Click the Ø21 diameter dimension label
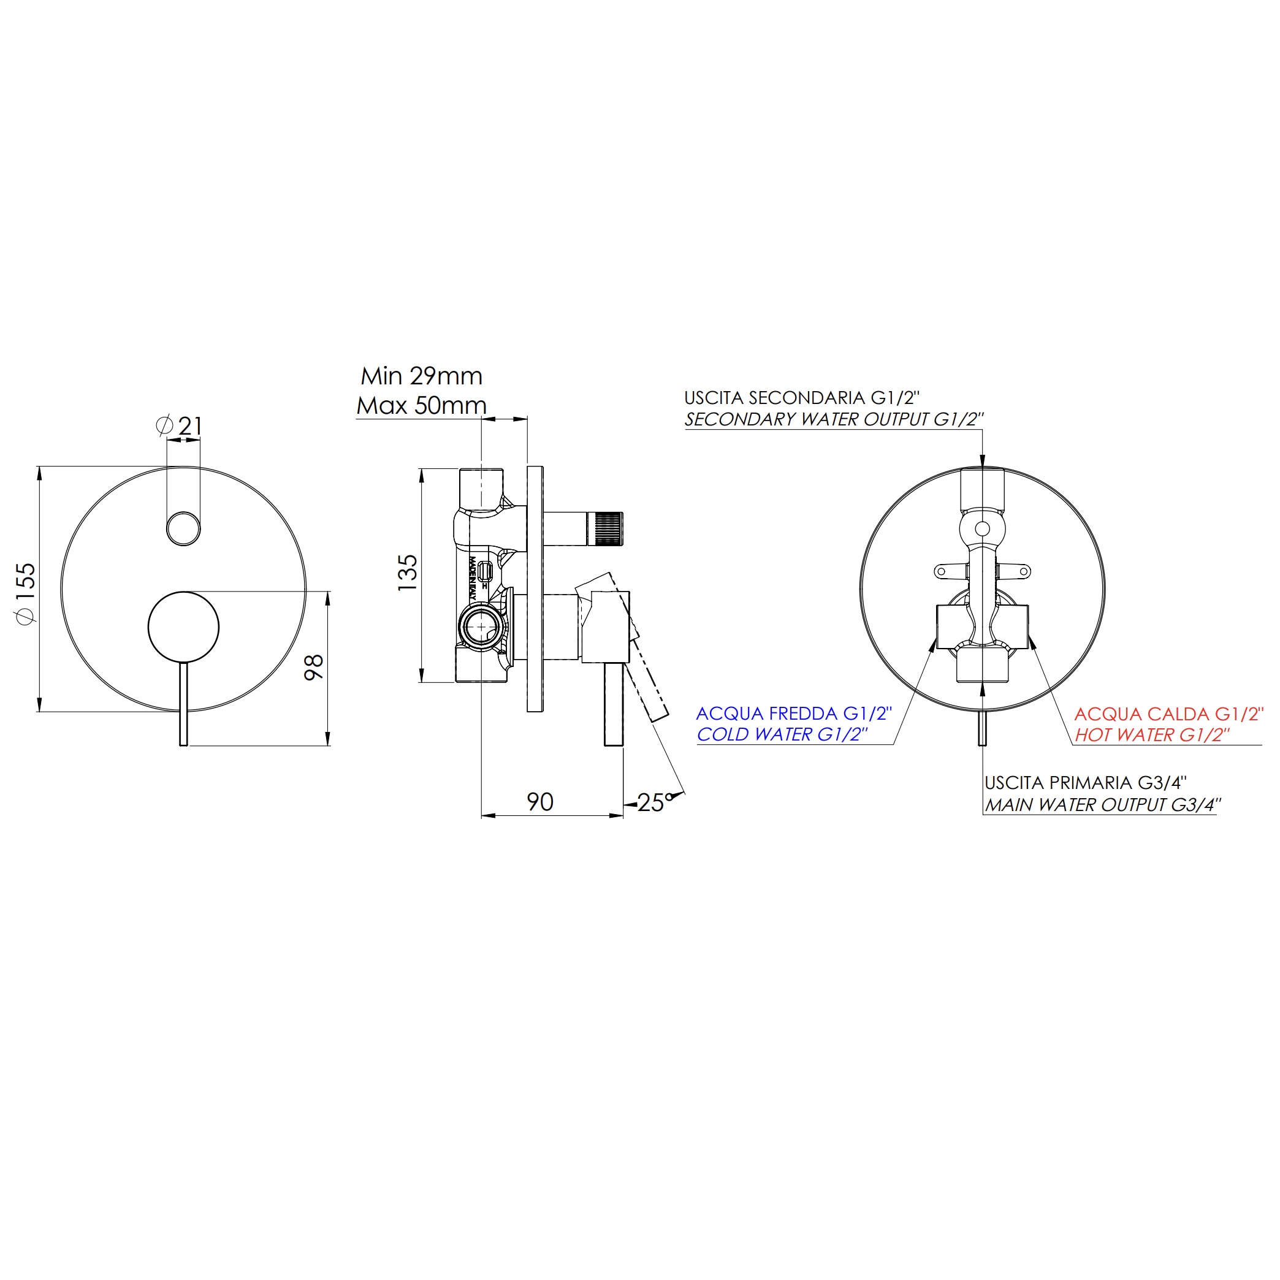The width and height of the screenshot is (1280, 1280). [x=179, y=426]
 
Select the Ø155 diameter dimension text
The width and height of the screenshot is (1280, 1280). [x=26, y=593]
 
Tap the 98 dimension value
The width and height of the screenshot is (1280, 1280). [x=313, y=666]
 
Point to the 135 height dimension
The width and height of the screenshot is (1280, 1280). [x=408, y=573]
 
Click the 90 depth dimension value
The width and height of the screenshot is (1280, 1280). [x=540, y=802]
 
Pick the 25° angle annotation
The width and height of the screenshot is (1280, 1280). [x=655, y=802]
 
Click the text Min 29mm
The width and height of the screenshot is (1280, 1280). [x=421, y=376]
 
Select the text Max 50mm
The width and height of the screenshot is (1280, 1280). [x=421, y=405]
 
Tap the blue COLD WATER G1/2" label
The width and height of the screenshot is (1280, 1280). [x=782, y=735]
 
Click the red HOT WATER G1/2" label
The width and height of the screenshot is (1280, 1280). [x=1152, y=736]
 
